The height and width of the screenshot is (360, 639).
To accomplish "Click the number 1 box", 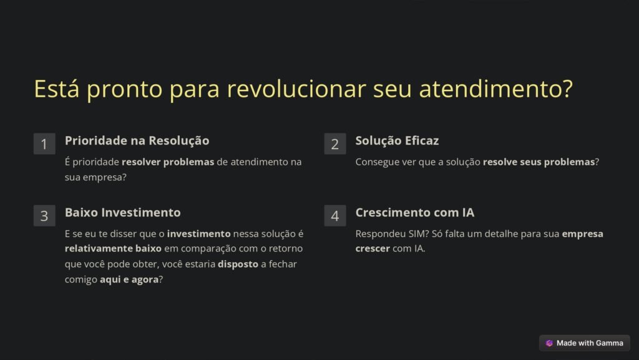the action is click(44, 144).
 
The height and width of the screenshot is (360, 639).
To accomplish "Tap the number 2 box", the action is click(335, 144).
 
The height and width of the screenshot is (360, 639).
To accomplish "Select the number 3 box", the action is click(44, 215).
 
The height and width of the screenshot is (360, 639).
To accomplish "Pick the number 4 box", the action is click(335, 215).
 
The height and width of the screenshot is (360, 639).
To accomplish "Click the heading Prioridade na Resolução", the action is click(137, 141).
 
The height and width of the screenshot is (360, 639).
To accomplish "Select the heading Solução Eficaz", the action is click(397, 141).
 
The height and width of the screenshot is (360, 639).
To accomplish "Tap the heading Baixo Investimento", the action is click(123, 213).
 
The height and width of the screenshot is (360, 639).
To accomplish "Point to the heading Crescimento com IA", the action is click(415, 213).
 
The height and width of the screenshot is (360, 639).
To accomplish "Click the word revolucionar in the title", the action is click(296, 89).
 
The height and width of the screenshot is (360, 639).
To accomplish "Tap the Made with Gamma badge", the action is click(585, 343).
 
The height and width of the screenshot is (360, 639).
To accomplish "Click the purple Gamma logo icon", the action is click(549, 343).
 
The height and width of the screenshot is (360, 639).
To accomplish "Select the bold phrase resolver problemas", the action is click(168, 162).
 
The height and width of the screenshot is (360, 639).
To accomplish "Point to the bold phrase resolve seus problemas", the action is click(539, 162).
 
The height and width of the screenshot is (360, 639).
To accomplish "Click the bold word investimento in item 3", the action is click(199, 234).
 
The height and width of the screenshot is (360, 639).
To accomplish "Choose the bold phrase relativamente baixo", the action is click(113, 248).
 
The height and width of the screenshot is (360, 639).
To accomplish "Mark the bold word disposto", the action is click(238, 265).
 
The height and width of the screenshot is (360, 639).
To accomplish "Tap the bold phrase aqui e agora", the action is click(129, 280).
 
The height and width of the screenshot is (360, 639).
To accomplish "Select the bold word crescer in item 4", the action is click(373, 248).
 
